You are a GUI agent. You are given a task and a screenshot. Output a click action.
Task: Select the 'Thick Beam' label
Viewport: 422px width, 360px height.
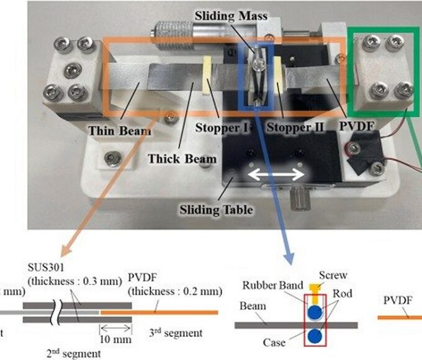pyautogui.click(x=182, y=158)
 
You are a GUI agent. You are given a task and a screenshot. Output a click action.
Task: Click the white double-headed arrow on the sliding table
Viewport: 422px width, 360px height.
pyautogui.click(x=277, y=176)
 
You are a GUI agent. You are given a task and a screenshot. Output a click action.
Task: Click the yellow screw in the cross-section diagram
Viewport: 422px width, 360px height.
pyautogui.click(x=315, y=288)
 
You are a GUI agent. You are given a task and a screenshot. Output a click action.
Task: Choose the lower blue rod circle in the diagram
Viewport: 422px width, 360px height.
pyautogui.click(x=316, y=336)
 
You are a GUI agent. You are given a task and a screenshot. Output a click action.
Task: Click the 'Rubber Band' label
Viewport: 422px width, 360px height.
pyautogui.click(x=271, y=286)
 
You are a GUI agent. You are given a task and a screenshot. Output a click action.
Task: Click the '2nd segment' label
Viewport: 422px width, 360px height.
pyautogui.click(x=73, y=353)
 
